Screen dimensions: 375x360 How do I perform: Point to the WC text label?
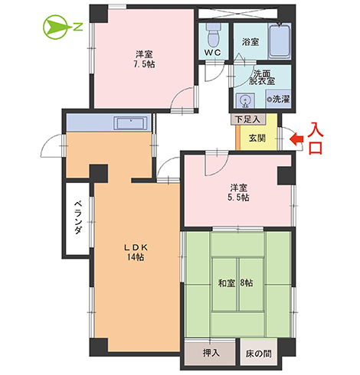(213, 53)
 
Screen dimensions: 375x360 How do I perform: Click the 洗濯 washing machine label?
(275, 99)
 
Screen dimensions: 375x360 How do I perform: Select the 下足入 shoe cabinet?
(247, 119)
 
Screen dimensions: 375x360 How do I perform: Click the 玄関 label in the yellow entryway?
(257, 138)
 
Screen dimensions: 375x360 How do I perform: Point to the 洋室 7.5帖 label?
(144, 60)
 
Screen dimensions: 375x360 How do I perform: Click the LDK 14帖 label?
(136, 252)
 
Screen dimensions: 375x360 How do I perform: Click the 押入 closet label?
(211, 354)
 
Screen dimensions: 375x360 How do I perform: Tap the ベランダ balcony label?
(78, 219)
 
